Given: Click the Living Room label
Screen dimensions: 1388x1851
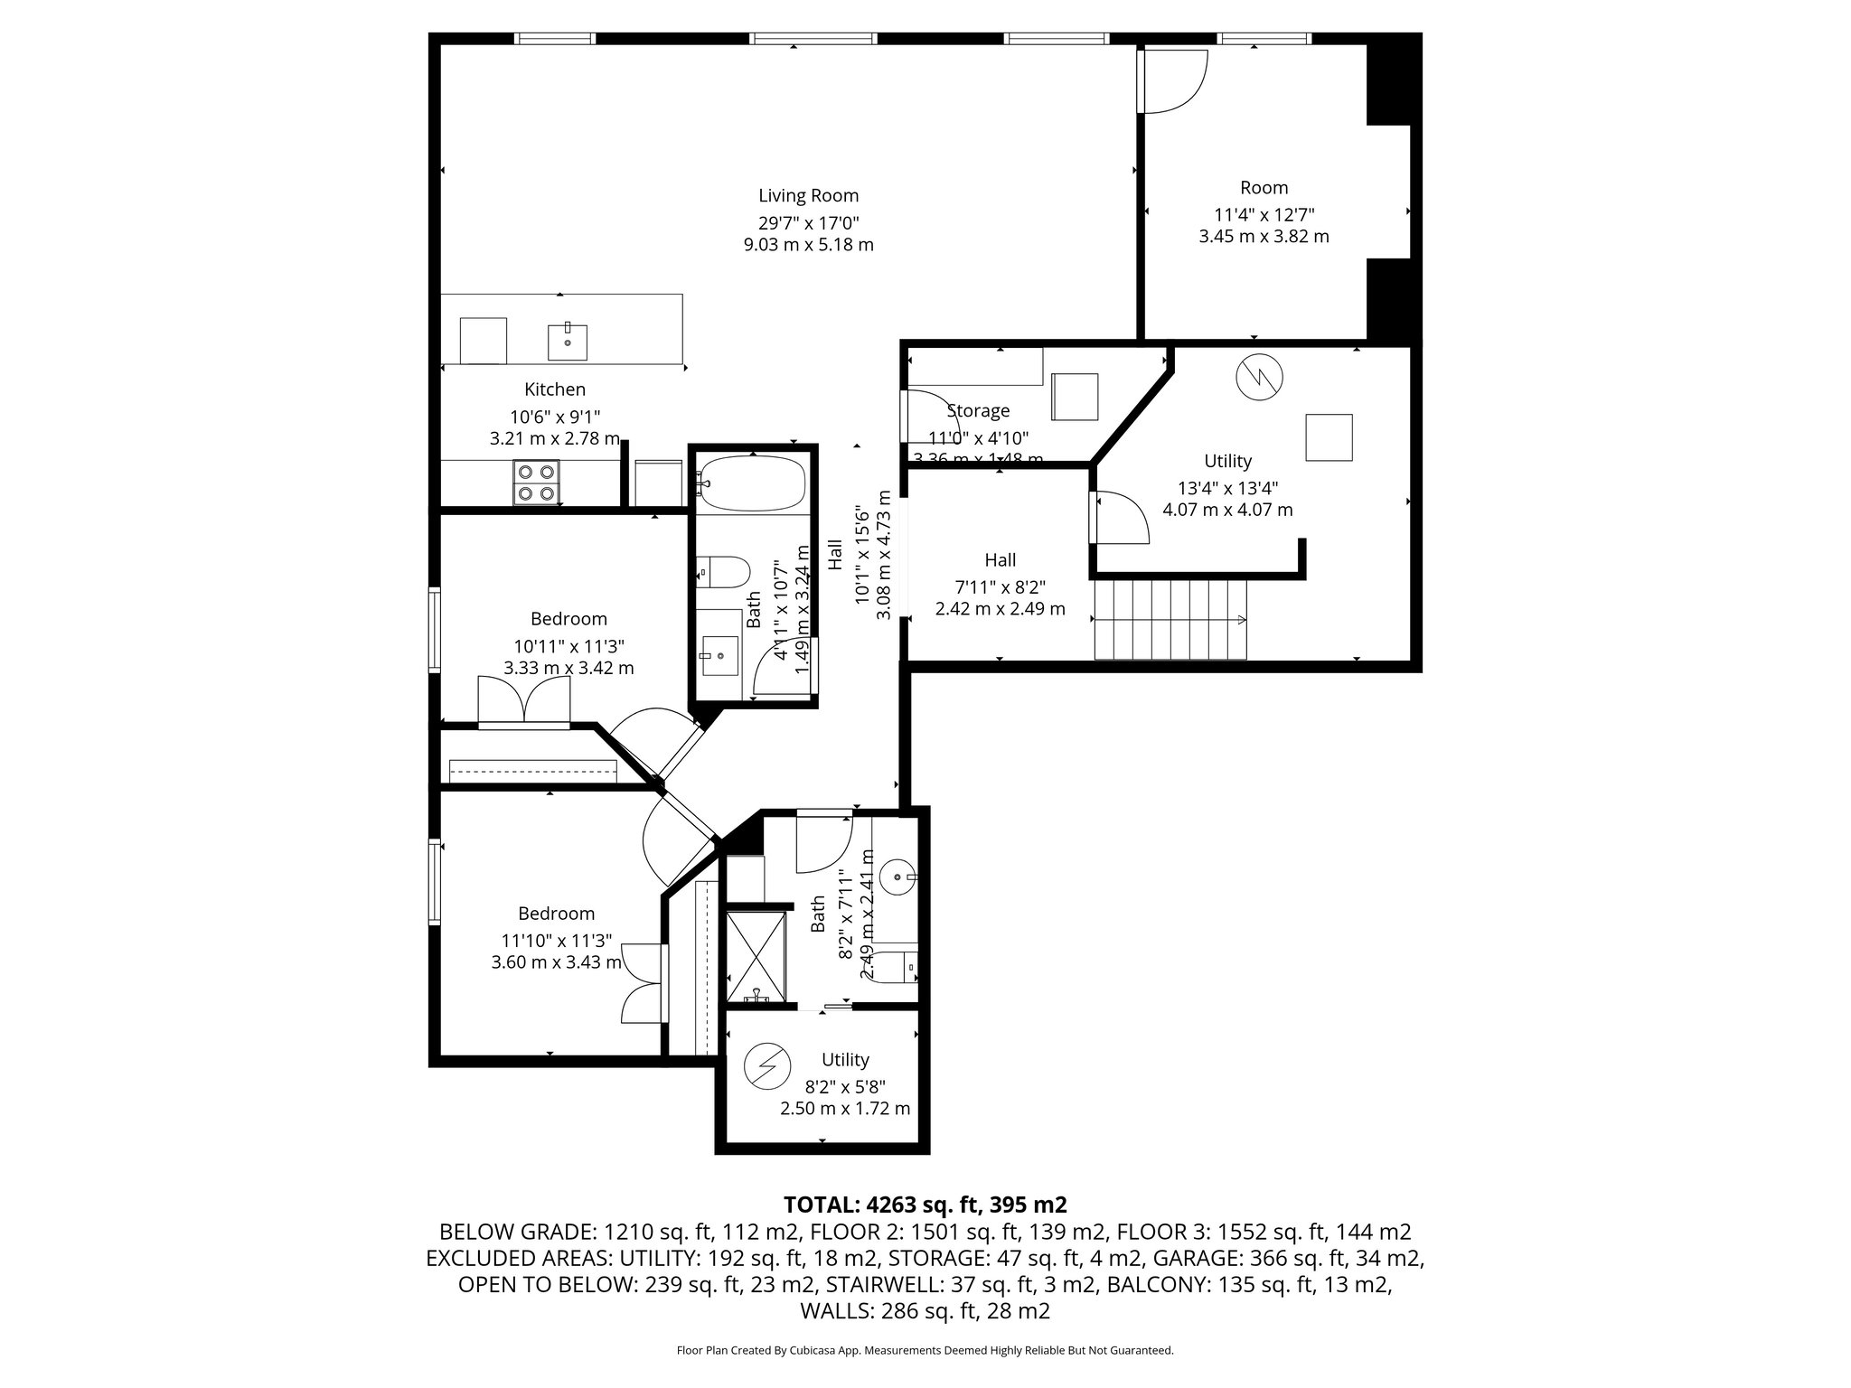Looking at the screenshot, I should pyautogui.click(x=808, y=195).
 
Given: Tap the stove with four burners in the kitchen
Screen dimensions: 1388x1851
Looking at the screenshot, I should pyautogui.click(x=536, y=482).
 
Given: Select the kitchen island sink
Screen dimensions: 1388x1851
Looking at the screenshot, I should pyautogui.click(x=568, y=342).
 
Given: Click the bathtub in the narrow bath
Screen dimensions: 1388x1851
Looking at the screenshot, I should pyautogui.click(x=752, y=483).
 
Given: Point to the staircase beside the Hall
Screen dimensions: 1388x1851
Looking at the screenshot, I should pyautogui.click(x=1170, y=620).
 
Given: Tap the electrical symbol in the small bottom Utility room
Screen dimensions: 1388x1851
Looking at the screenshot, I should pyautogui.click(x=766, y=1065).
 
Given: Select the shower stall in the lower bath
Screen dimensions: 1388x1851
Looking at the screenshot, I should pyautogui.click(x=756, y=958).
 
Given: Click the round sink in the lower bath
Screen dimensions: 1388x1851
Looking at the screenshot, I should pyautogui.click(x=898, y=877).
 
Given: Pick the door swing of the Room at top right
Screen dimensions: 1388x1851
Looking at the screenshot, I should pyautogui.click(x=1172, y=81).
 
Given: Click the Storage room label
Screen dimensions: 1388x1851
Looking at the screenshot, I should pyautogui.click(x=978, y=411).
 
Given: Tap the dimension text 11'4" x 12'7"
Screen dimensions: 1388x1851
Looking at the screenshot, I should pyautogui.click(x=1264, y=215).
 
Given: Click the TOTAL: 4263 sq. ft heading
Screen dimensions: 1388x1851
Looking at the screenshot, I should pyautogui.click(x=925, y=1205).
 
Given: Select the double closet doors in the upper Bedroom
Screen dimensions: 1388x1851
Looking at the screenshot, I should pyautogui.click(x=524, y=702).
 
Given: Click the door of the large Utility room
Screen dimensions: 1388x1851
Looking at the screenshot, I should pyautogui.click(x=1121, y=518).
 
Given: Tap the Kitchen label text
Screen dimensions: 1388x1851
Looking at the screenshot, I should pyautogui.click(x=555, y=389).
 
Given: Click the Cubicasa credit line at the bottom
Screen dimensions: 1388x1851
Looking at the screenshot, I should pyautogui.click(x=925, y=1351).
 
